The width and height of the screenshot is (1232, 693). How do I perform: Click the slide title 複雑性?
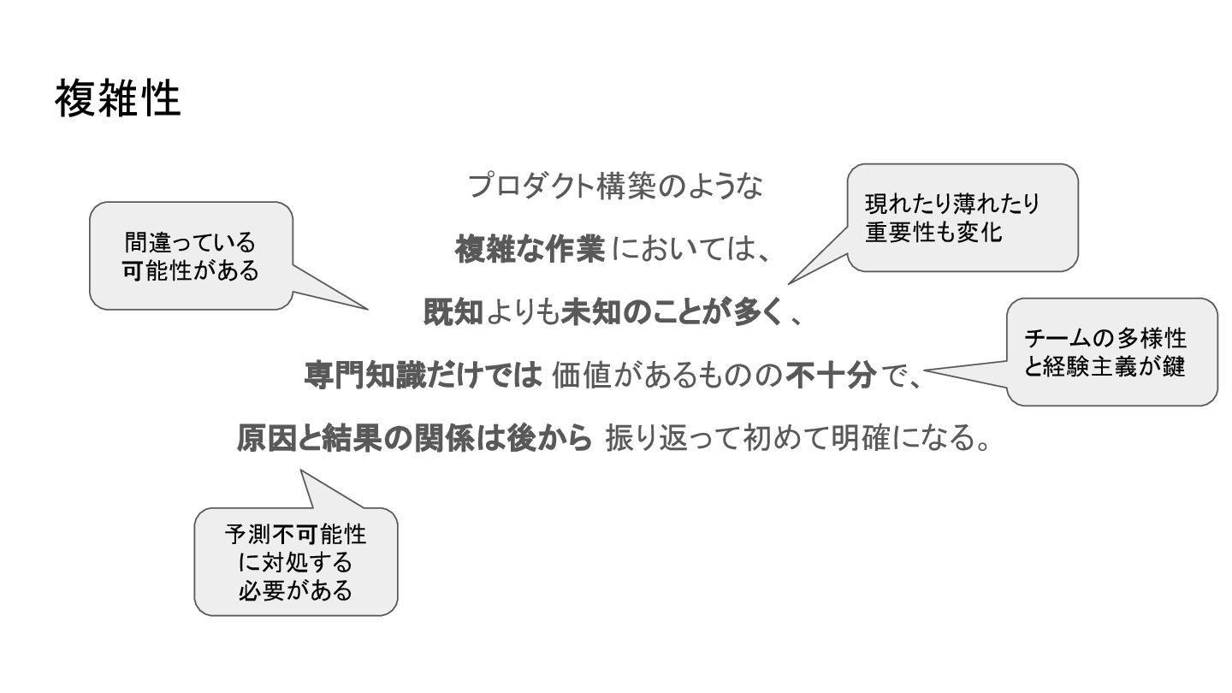118,99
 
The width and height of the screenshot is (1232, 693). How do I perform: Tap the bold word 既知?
453,313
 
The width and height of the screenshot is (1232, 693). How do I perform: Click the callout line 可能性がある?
190,270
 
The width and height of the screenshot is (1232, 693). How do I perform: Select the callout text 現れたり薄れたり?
952,204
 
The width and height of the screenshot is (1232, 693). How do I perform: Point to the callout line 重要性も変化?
933,232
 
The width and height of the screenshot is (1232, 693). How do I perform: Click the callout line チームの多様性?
1105,339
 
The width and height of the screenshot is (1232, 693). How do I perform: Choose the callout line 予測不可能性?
295,536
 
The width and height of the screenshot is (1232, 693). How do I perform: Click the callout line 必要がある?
295,590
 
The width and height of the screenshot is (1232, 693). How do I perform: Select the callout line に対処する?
295,563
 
